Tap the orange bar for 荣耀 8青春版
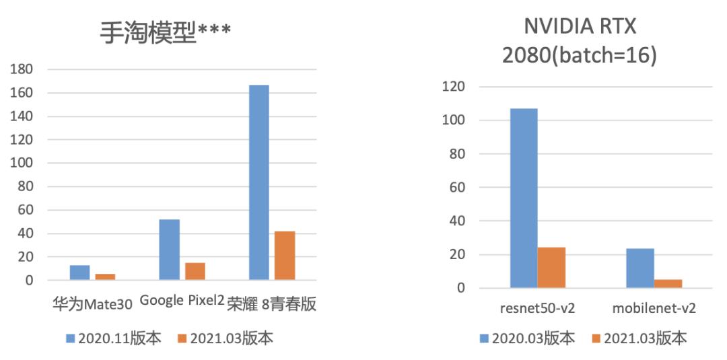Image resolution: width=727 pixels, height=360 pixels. tap(285, 255)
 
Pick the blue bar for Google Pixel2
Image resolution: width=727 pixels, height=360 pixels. tap(169, 249)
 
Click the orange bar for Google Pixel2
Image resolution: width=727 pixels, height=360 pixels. tap(195, 271)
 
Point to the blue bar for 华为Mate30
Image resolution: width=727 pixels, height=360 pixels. tap(79, 272)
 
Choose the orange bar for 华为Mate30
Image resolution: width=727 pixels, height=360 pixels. tap(105, 276)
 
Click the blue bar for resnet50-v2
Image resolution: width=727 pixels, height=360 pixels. tap(524, 198)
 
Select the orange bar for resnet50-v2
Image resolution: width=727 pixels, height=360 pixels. tap(551, 267)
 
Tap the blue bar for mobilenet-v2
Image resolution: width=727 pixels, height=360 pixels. tap(639, 268)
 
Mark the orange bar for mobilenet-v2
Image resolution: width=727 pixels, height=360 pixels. tap(668, 283)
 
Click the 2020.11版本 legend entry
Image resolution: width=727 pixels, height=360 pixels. tap(111, 338)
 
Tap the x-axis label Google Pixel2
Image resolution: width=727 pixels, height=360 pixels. tap(182, 301)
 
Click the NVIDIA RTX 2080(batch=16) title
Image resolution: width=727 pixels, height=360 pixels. tap(580, 42)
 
